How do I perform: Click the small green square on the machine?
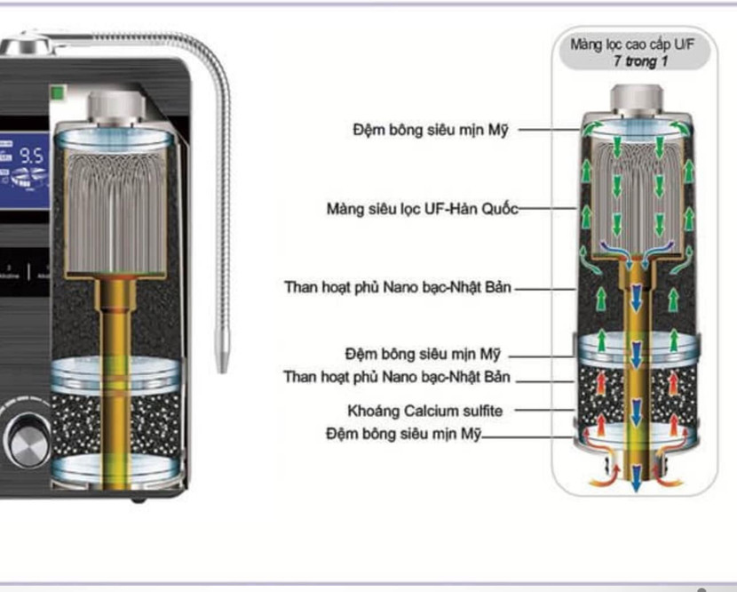59,91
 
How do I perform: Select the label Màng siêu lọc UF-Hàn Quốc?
421,210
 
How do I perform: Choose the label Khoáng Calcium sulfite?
424,411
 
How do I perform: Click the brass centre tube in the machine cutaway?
115,373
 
